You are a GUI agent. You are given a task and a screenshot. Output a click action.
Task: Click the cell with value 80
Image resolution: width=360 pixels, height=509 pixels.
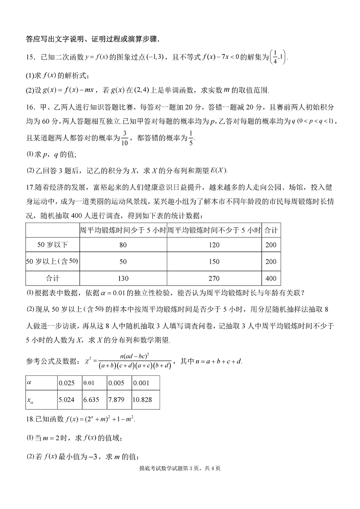tap(123, 245)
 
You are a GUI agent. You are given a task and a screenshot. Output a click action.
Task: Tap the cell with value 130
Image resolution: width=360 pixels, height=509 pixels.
tap(123, 278)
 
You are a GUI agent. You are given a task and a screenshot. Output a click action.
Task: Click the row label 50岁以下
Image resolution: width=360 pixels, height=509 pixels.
tap(52, 245)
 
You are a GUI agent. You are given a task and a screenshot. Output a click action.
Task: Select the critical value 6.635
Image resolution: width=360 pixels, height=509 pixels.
tap(94, 399)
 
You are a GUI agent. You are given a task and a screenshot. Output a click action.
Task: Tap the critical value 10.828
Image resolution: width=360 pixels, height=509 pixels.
tap(145, 399)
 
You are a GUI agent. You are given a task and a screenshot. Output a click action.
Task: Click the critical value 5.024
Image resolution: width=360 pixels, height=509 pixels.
tap(69, 399)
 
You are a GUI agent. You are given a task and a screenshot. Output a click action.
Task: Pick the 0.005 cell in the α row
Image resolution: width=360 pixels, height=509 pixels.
tap(119, 383)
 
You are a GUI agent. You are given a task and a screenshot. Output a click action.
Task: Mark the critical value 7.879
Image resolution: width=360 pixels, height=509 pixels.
tap(119, 399)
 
